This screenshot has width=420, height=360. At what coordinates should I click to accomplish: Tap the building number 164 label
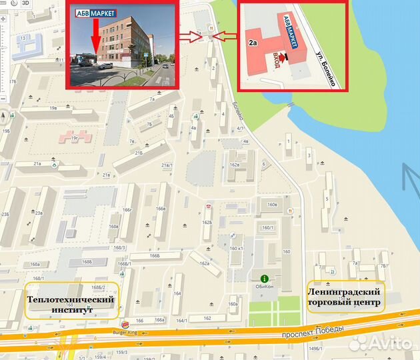pos(177,293)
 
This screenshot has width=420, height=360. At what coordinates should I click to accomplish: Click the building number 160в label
pos(272,205)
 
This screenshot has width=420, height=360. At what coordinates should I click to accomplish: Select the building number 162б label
pos(207,222)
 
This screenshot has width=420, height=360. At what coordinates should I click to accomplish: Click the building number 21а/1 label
pos(167,165)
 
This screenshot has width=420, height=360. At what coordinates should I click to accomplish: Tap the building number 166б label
pos(155,255)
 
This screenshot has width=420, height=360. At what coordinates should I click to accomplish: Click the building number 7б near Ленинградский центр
pos(383,265)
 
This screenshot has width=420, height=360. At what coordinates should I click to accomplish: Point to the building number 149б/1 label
pos(315,347)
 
